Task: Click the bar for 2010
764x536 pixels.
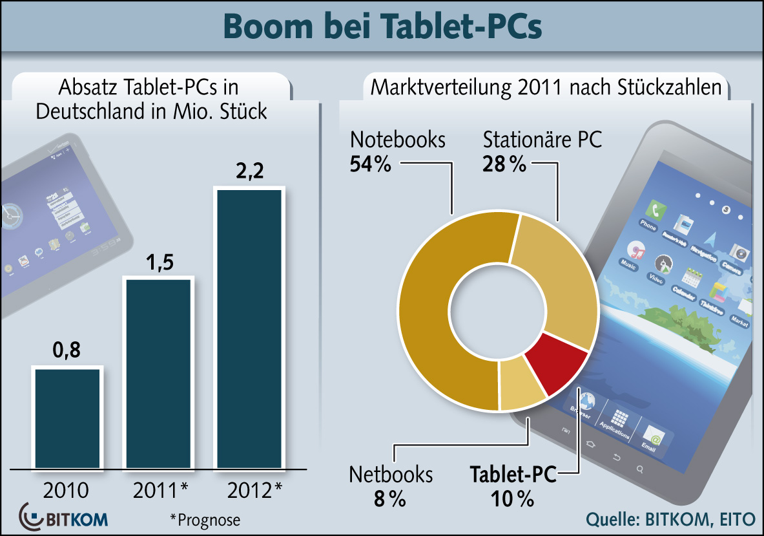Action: [x=68, y=417]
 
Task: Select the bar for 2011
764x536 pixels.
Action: [x=159, y=373]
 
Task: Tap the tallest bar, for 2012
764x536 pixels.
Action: [x=249, y=328]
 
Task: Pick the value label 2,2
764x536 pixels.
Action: [x=249, y=173]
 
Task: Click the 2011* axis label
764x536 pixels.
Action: [x=161, y=489]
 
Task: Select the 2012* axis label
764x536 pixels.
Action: [x=255, y=489]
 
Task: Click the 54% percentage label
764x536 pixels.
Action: [x=371, y=164]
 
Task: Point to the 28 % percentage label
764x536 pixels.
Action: [x=504, y=164]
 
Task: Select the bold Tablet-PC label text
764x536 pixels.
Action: [x=513, y=475]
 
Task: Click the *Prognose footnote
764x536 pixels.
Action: [x=205, y=519]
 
